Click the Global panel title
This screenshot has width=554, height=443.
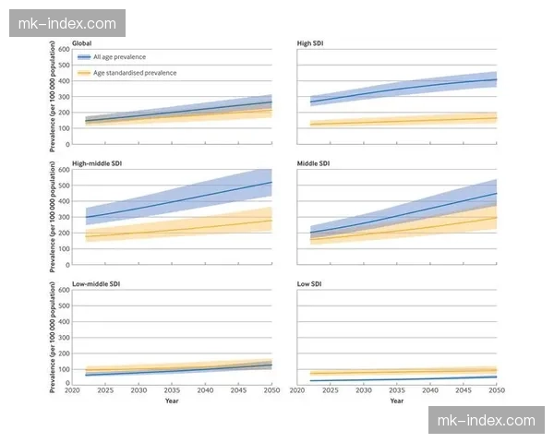pos(83,43)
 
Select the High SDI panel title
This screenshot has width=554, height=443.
pos(310,43)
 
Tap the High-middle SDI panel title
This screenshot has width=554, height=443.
pos(97,163)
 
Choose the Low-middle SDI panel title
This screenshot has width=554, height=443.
pos(97,284)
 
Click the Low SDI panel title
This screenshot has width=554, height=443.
pos(309,284)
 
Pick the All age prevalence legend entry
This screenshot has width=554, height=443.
pos(120,57)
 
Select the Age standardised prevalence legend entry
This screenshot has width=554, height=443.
pos(134,72)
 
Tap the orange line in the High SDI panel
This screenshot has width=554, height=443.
pos(397,121)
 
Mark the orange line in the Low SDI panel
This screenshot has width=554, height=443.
pos(397,372)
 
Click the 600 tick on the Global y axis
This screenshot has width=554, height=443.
pos(64,48)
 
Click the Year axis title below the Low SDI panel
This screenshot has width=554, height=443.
pos(397,401)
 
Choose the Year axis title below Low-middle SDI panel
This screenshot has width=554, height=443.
pos(172,401)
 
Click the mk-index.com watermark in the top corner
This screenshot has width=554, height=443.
pos(66,22)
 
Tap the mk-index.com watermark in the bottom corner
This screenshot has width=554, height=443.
pos(488,421)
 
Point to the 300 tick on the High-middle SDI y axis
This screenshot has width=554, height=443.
pos(64,217)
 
